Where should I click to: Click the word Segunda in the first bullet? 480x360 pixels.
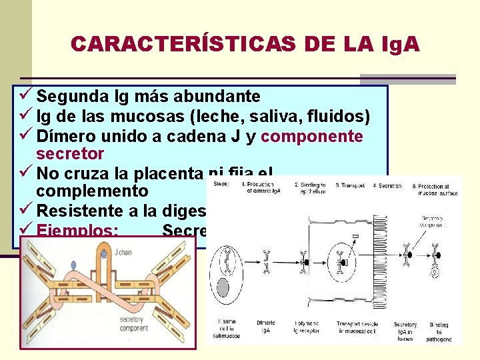point(74,97)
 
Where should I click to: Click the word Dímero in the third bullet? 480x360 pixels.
point(68,137)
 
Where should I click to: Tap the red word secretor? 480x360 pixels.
point(70,154)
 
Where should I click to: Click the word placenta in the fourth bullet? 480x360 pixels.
point(166,174)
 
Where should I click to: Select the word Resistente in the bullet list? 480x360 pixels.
point(83,211)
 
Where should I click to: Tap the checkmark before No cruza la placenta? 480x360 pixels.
point(27,174)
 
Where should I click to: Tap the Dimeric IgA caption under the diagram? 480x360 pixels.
point(266,327)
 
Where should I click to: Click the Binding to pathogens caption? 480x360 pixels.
point(439,331)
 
